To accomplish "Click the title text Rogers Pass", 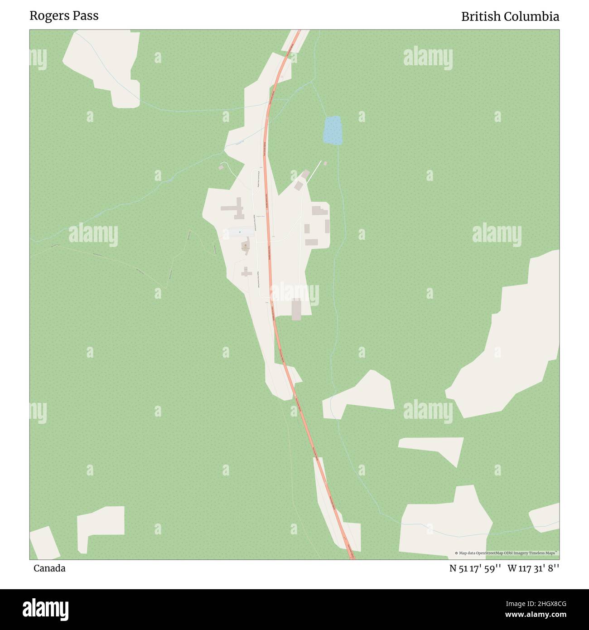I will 64,15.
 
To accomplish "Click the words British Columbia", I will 510,17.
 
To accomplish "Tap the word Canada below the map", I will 49,568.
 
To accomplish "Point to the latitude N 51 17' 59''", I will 475,568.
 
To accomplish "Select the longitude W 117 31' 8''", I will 533,568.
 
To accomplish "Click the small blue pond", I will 333,131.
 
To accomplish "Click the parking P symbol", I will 240,233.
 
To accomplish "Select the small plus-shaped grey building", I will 246,272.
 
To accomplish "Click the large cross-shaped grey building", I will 234,208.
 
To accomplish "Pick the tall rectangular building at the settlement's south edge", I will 296,310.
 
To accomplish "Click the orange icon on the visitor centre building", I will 245,245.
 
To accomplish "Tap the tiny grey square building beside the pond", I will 325,163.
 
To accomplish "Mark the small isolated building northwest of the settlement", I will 221,167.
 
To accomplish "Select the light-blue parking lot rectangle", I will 240,232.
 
